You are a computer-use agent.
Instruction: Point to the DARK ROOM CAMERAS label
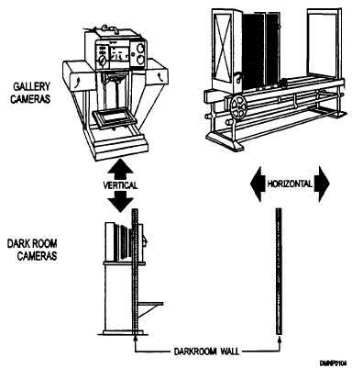coord(30,250)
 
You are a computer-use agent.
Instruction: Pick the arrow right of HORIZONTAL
coord(322,183)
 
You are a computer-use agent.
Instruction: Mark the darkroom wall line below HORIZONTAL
coord(277,275)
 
